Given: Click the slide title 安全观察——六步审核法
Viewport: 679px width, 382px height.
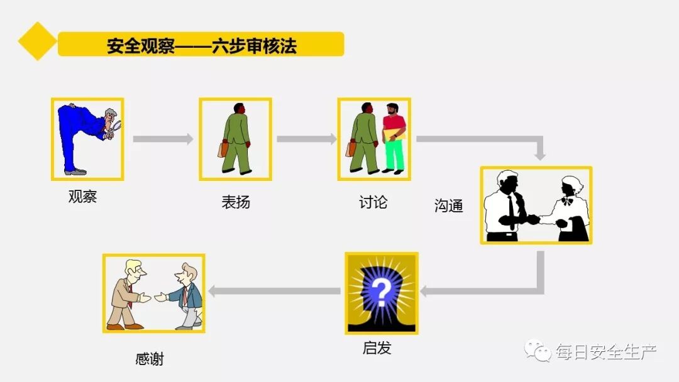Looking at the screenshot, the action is click(x=201, y=45).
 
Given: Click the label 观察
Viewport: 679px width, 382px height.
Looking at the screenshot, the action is click(x=82, y=197).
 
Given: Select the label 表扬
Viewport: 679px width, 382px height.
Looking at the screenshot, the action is click(x=236, y=202).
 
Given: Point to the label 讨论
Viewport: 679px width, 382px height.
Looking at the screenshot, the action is click(x=373, y=202).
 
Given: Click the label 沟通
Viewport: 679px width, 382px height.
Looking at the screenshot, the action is click(x=449, y=205).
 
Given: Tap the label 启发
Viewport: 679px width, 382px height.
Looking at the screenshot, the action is click(x=377, y=347).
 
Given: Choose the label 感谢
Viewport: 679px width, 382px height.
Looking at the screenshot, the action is click(x=150, y=359).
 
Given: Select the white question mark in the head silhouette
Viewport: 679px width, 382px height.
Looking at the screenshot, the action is click(x=380, y=291).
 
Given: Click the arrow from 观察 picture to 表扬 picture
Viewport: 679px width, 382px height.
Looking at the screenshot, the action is click(x=163, y=139).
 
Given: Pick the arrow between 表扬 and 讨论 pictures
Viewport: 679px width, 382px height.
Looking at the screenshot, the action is click(x=306, y=139).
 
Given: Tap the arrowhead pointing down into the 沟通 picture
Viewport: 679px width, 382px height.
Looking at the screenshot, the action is click(x=539, y=155).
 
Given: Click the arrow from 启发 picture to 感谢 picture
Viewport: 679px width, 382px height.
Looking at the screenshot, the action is click(x=275, y=291).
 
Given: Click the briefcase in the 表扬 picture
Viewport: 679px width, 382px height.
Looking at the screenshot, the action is click(x=223, y=150).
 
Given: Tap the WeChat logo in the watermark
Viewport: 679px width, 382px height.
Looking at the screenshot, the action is click(x=539, y=351).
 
